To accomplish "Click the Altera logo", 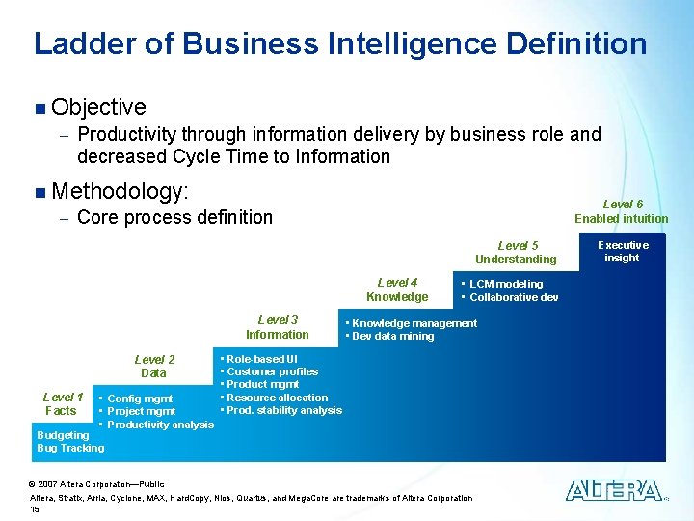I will (x=613, y=490).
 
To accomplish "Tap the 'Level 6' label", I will (x=623, y=205).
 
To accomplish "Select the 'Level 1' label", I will (x=63, y=398).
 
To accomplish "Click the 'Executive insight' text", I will (x=622, y=252).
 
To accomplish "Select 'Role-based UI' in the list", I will (x=261, y=359).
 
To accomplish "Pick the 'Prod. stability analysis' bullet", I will (x=283, y=410).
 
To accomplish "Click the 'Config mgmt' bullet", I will (x=140, y=398).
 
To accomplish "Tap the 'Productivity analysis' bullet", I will (x=160, y=425).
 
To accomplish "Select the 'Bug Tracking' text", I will (x=70, y=448).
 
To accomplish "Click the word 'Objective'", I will (x=99, y=107).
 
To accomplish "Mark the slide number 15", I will (x=36, y=508).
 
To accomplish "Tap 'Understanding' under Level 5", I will (x=516, y=259).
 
